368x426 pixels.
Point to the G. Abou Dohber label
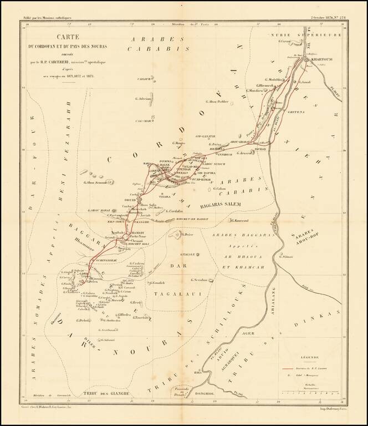[216, 102]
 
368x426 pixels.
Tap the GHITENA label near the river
[297, 112]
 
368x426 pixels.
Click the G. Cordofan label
[174, 212]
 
